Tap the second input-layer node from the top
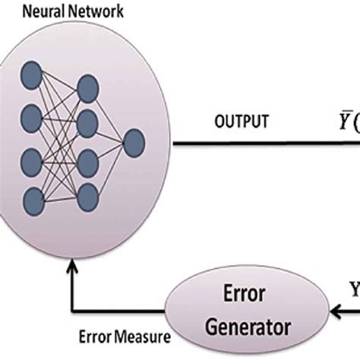tap(33, 118)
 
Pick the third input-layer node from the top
tap(33, 159)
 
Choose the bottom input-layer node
tap(33, 201)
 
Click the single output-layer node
tap(134, 143)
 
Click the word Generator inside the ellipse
tap(244, 327)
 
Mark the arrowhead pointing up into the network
tap(71, 267)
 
